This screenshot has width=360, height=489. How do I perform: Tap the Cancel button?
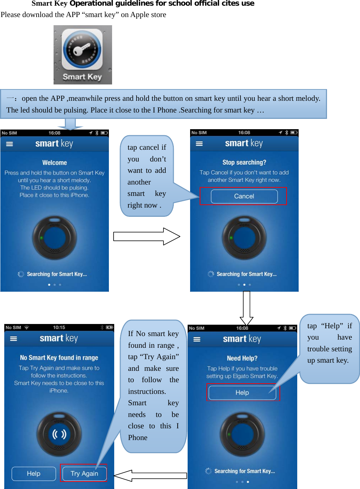(x=244, y=196)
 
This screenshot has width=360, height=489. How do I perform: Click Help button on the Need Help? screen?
(x=242, y=392)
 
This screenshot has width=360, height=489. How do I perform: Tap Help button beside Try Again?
(x=34, y=473)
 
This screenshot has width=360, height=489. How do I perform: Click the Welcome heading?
(x=55, y=163)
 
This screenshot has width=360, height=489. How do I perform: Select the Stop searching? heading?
(x=244, y=162)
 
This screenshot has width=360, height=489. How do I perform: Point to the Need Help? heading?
(x=242, y=358)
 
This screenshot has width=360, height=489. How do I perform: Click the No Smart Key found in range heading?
(x=59, y=358)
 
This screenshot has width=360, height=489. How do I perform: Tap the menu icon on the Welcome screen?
(x=10, y=144)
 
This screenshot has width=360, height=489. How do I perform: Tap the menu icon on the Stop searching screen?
(x=199, y=144)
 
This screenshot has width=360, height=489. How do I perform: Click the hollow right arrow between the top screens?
(x=146, y=236)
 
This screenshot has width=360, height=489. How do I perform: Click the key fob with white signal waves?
(x=59, y=434)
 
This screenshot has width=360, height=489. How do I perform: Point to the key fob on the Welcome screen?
(x=55, y=238)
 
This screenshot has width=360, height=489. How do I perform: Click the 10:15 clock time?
(x=59, y=327)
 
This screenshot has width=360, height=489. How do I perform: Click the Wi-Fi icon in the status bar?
(x=27, y=327)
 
